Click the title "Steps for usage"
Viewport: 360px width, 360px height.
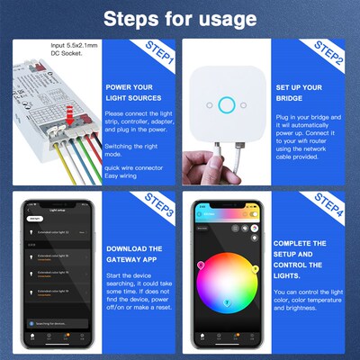[179, 18]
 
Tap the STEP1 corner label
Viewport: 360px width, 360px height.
[158, 59]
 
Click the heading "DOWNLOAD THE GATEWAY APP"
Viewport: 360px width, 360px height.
[136, 254]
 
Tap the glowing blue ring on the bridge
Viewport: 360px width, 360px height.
[226, 104]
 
